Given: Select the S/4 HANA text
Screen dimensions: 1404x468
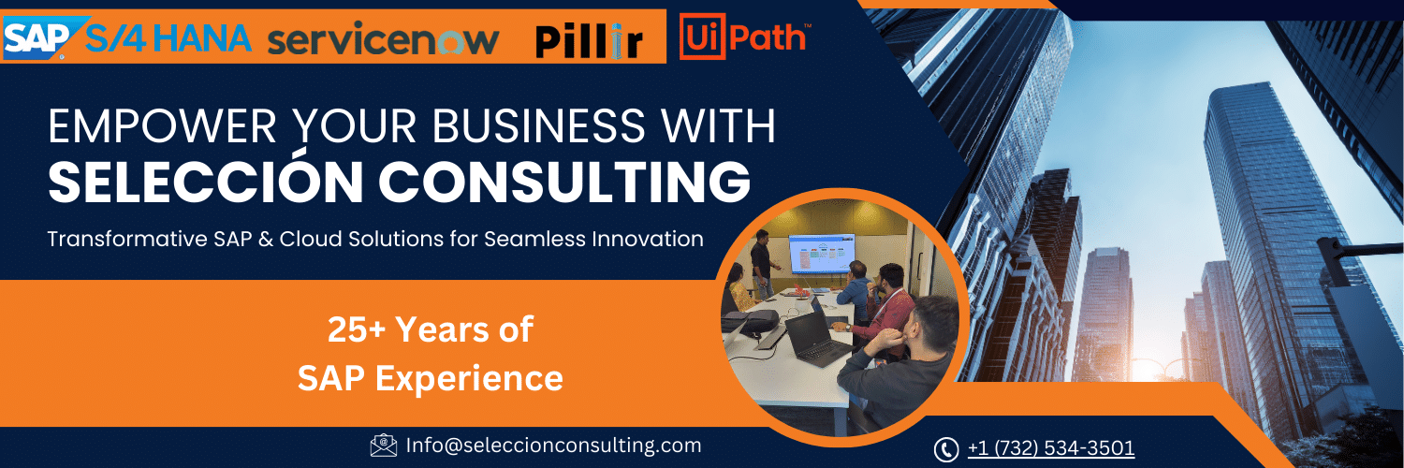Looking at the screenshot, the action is point(168,38).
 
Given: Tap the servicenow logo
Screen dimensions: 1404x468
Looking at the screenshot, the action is point(383,40).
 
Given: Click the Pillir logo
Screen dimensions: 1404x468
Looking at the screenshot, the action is point(589,41).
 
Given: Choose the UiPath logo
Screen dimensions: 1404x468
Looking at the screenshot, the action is point(745,37).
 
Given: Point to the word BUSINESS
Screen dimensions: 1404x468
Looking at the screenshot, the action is point(538,126).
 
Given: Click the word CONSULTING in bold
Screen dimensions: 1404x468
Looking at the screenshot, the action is point(564,182).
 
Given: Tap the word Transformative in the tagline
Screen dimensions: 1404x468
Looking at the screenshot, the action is point(127,239).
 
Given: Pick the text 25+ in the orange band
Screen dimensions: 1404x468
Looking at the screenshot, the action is point(356,329).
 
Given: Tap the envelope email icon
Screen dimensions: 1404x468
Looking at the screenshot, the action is point(384,446).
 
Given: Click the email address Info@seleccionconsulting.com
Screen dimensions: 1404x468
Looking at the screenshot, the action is point(553,446).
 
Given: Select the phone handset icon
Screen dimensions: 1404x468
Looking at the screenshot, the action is point(945,449).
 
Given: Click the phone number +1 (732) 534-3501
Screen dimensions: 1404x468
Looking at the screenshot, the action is point(1051,448).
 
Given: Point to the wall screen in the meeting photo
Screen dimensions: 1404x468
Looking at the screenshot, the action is point(822,254).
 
